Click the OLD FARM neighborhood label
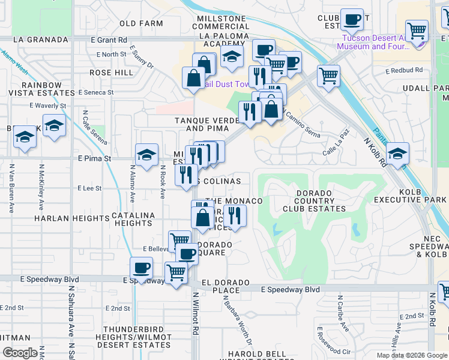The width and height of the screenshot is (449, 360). point(141,23)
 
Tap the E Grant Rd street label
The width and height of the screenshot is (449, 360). point(109,40)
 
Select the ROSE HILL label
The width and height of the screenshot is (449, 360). point(111,73)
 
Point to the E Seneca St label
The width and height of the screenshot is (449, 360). point(96,92)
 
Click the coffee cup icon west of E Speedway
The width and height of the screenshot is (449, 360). point(141,268)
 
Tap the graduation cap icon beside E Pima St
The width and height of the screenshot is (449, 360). point(147,155)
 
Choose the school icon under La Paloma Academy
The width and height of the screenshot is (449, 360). point(231,58)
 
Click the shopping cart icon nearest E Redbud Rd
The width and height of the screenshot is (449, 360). point(328,76)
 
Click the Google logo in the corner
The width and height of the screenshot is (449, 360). point(20,353)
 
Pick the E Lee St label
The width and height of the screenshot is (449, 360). point(89,188)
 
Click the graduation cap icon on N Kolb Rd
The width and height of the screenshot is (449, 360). point(397,153)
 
